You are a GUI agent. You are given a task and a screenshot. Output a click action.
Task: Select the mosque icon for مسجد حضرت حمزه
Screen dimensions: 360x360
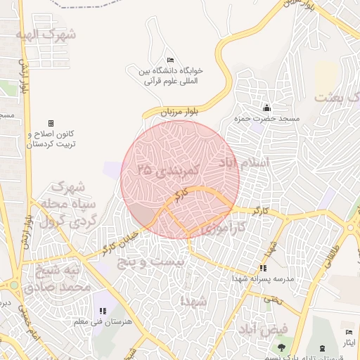tap(266, 108)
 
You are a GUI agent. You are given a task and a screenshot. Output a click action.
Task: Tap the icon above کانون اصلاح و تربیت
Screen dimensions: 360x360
tap(50, 123)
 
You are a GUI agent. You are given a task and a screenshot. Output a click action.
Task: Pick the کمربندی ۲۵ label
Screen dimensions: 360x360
tap(169, 169)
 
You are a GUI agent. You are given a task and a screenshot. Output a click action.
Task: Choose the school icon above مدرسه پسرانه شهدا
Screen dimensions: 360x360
tap(263, 268)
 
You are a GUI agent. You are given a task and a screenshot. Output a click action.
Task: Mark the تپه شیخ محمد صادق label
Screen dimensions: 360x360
tap(57, 278)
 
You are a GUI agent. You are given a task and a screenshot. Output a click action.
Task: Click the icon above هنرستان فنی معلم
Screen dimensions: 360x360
tap(103, 311)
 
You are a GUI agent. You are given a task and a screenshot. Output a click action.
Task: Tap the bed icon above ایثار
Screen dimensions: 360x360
tap(349, 333)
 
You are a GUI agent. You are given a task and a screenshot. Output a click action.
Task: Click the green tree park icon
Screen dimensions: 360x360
tap(281, 347)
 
